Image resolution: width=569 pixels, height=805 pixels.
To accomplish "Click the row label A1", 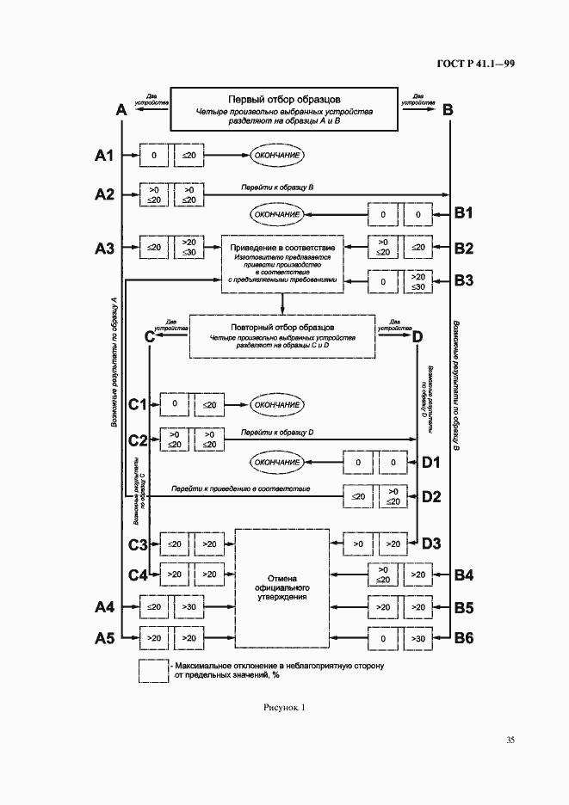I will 104,156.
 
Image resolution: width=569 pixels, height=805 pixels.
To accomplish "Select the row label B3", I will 464,280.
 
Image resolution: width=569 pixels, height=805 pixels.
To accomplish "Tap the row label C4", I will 138,575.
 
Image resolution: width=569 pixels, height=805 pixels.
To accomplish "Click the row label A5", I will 104,637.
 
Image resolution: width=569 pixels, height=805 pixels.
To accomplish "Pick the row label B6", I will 464,637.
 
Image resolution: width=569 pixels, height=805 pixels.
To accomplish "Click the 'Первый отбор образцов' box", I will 283,109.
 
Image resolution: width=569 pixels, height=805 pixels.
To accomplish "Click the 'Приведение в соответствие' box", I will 282,261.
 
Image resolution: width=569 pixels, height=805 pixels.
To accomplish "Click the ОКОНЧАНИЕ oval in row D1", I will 277,463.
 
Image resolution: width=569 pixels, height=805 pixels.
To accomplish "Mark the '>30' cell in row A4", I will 189,607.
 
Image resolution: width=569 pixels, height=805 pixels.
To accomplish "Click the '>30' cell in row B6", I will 418,638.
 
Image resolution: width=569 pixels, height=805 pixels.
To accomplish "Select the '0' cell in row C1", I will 174,403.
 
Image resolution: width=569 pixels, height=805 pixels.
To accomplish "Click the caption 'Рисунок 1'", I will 284,708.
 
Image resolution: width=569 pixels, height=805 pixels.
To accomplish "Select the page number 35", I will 510,740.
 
